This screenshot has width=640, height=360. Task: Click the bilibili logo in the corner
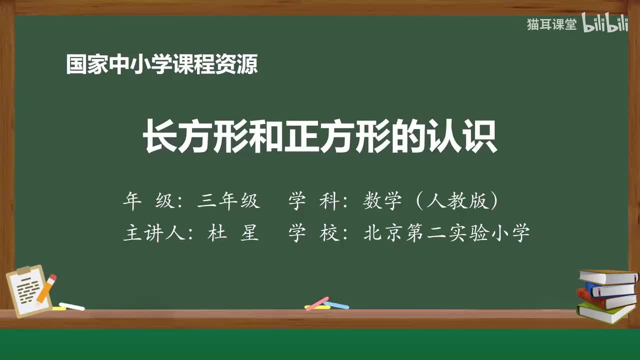[605, 25]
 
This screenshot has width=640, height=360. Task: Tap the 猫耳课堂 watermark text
[551, 25]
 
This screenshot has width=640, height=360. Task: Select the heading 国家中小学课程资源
[161, 64]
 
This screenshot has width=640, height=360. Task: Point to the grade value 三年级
[228, 201]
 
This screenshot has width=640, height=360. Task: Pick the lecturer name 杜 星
[233, 233]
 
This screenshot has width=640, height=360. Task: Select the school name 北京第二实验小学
[446, 233]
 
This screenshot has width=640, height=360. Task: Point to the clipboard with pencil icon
[30, 291]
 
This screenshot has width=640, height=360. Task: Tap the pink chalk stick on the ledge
[316, 303]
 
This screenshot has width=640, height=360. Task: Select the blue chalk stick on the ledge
[336, 304]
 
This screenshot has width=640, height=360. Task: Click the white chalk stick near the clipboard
[71, 306]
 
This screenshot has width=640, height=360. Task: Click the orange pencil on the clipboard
[46, 288]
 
